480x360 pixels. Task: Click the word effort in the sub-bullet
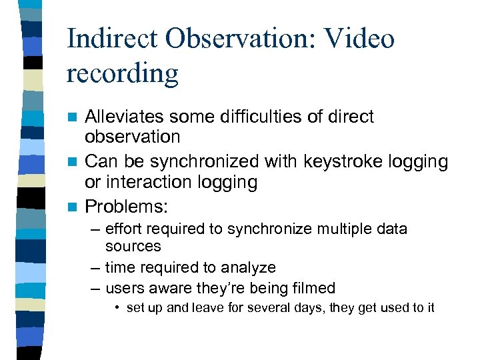pos(123,229)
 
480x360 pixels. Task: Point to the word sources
pos(133,246)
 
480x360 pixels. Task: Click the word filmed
pos(313,288)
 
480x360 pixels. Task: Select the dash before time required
pos(96,267)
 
